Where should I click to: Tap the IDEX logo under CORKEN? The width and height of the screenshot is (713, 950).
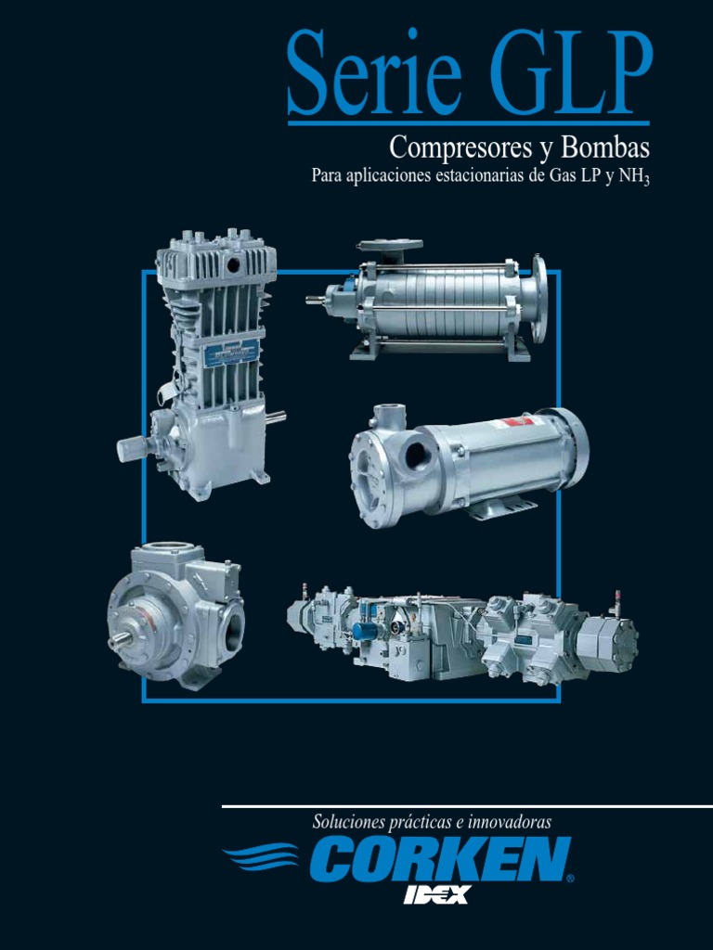point(436,894)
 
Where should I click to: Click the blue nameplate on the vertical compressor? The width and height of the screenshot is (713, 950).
point(231,352)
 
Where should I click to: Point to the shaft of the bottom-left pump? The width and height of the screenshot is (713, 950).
point(120,639)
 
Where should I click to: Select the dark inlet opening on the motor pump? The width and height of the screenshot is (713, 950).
point(417,456)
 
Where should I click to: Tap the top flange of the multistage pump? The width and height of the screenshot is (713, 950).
point(389,246)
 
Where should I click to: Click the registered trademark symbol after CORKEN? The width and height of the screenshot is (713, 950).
point(569,878)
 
